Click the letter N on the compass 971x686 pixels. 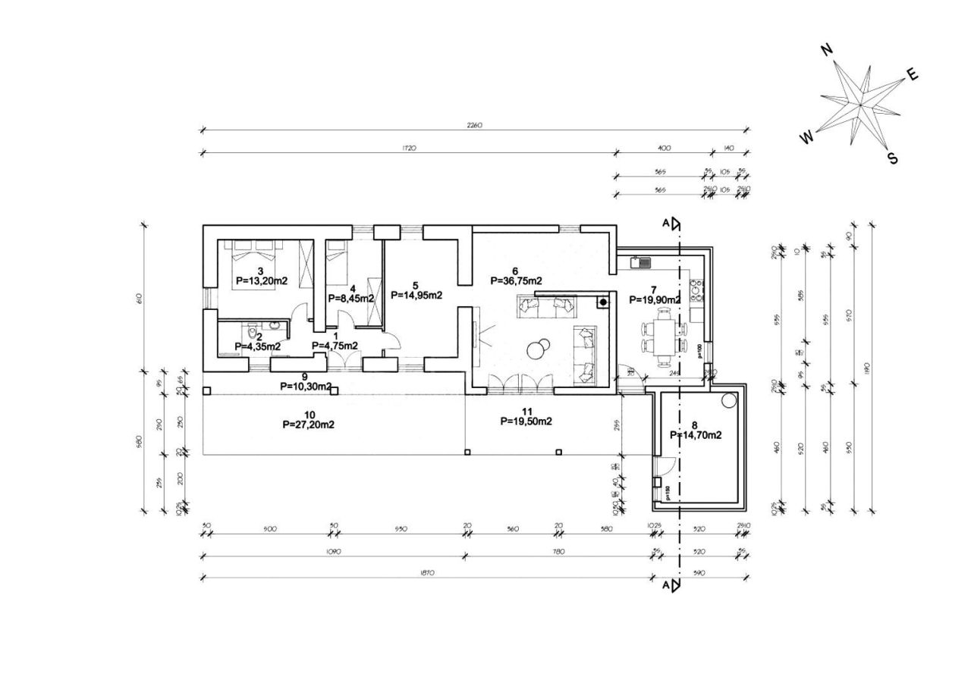pos(827,49)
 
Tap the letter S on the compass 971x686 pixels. pos(893,158)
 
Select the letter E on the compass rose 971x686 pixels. pos(913,74)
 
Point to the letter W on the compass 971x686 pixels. pos(806,137)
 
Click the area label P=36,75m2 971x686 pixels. pos(516,280)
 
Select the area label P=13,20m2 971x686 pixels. pos(261,280)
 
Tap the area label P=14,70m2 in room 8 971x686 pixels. pos(695,435)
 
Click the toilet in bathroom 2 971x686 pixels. pos(251,336)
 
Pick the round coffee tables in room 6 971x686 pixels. pos(539,348)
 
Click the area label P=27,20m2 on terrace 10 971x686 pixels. pos(308,424)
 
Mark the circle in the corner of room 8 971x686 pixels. pos(730,400)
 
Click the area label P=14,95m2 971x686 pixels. pos(416,296)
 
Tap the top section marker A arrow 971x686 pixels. pos(674,223)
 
